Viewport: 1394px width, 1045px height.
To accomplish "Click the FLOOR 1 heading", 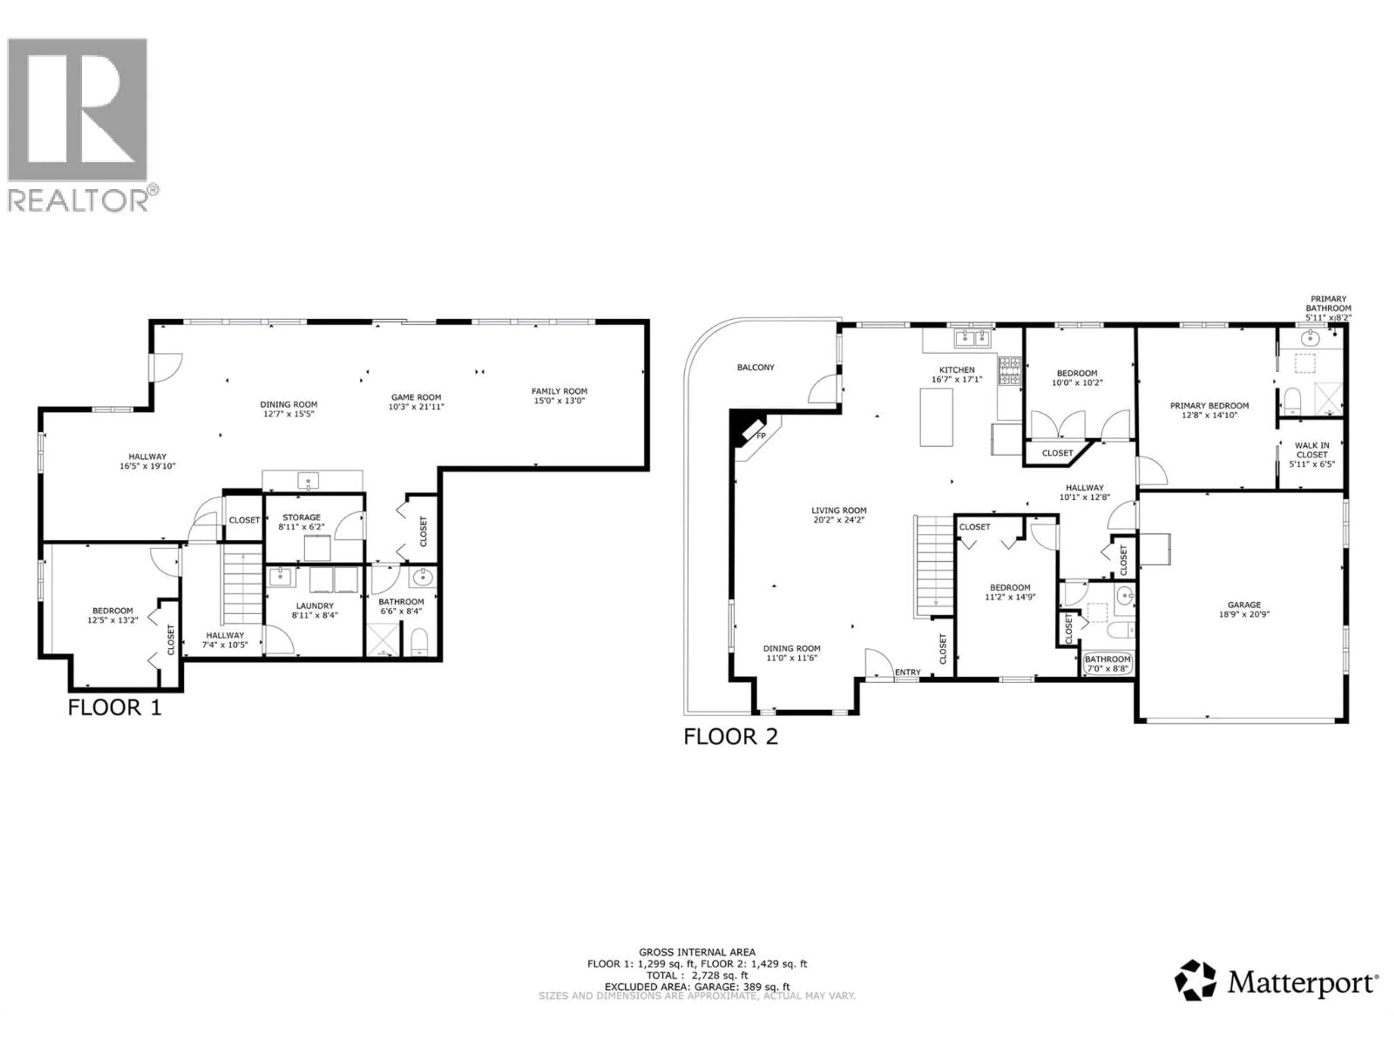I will (115, 708).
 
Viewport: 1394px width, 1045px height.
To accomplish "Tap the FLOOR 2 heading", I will (731, 736).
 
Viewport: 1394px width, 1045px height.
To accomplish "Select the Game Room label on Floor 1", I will (416, 397).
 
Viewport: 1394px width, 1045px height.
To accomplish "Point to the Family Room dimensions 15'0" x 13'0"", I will (559, 401).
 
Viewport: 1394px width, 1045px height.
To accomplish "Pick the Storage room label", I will (301, 517).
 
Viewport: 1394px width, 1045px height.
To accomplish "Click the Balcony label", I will (755, 367).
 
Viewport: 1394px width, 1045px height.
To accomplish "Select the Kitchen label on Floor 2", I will (957, 370).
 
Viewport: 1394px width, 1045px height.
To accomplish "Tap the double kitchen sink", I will (973, 339).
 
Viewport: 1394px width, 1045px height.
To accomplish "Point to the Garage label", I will (1244, 605).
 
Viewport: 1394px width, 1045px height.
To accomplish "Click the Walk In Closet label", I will (1312, 450).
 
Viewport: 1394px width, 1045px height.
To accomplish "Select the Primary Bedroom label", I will (1209, 406).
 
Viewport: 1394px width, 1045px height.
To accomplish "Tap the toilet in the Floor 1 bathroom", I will (419, 642).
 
